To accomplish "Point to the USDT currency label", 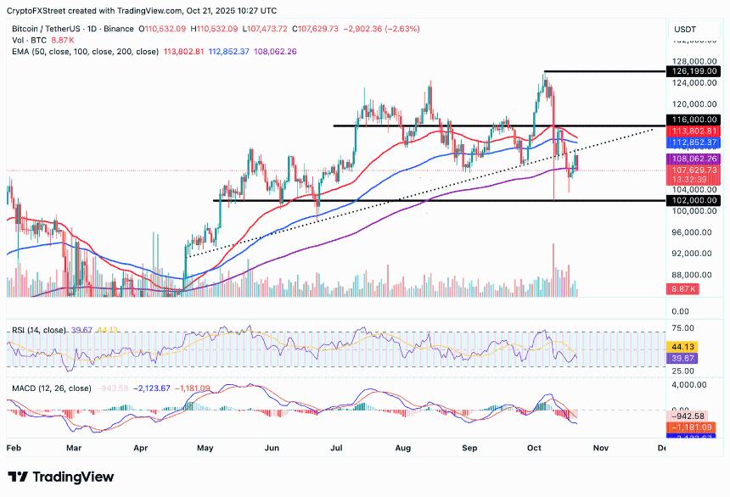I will [684, 29].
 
